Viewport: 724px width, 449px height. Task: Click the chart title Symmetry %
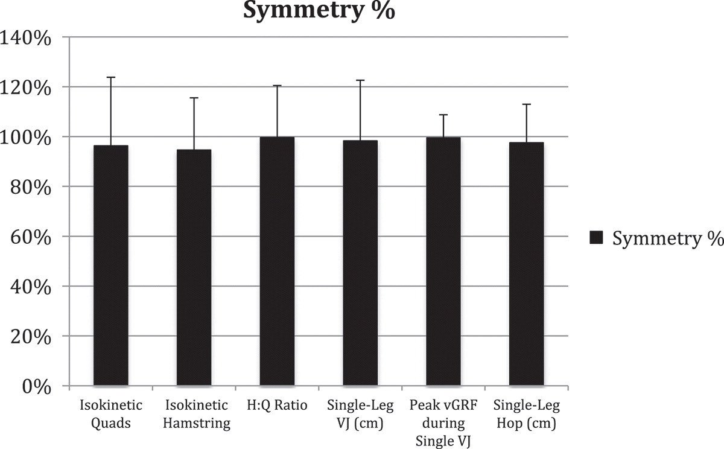(319, 10)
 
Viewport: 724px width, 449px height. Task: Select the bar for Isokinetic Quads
(110, 266)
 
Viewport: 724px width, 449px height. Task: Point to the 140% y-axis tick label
(29, 37)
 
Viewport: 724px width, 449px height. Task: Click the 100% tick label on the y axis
(29, 137)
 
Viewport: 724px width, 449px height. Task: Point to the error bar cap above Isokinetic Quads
(110, 77)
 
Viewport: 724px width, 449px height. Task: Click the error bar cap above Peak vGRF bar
(443, 115)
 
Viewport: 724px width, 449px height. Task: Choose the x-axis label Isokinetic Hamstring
(197, 413)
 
